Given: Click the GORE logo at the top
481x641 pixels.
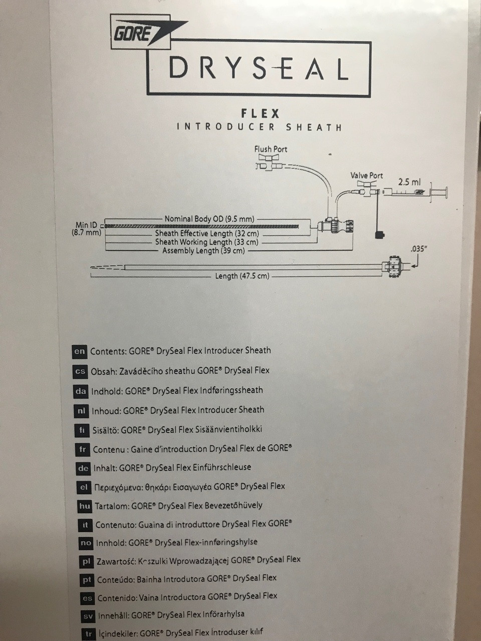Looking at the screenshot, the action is (148, 33).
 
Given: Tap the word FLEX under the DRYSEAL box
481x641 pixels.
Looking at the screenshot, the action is (260, 113).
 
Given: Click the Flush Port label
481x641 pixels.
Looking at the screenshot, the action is (271, 149).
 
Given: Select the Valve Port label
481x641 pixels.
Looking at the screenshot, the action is (367, 175).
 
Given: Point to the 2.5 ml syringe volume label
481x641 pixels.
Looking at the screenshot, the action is (409, 182).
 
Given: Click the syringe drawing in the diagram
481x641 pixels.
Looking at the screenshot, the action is (415, 192).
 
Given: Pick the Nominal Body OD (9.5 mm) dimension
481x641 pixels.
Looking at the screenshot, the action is (209, 219).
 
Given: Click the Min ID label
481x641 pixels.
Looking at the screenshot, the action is (86, 225).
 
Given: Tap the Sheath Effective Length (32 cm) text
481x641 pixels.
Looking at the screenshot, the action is (207, 234).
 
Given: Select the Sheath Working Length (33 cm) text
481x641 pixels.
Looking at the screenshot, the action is (207, 242).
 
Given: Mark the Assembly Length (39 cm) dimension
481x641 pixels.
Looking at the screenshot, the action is (203, 250).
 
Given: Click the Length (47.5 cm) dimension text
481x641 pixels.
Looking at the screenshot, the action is (242, 276).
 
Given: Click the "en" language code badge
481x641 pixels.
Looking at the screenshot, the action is (79, 352).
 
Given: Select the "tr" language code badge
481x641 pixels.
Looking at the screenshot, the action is (88, 633).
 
